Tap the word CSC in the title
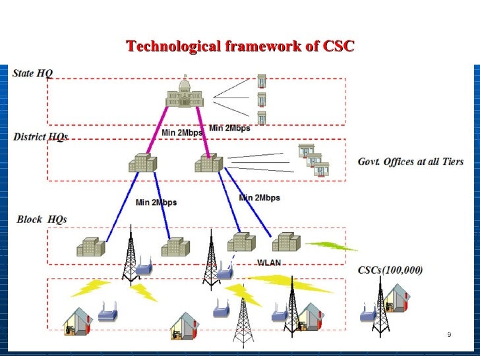point(339,46)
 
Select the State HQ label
point(32,73)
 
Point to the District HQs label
point(40,137)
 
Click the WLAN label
point(268,262)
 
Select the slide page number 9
point(448,336)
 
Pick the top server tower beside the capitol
point(262,80)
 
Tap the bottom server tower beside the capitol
point(262,117)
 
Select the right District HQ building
point(208,162)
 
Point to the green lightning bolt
point(332,246)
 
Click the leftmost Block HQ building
point(90,247)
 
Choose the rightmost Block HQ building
point(287,242)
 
